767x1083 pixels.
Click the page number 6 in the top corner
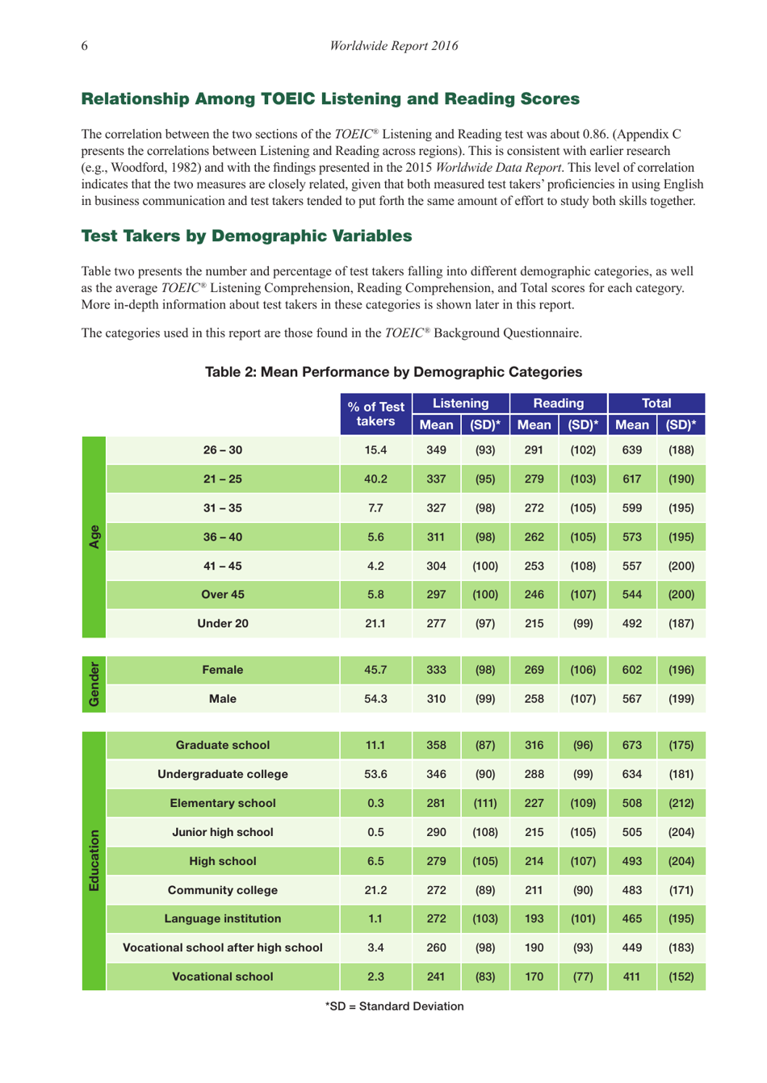click(x=85, y=46)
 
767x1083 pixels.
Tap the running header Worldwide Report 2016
click(x=393, y=46)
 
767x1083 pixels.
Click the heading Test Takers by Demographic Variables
click(x=246, y=236)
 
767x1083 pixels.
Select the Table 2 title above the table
click(x=393, y=372)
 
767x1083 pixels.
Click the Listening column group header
click(x=460, y=404)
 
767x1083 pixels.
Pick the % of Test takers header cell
click(x=375, y=414)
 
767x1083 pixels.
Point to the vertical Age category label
click(x=94, y=537)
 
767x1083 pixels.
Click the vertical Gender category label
click(x=94, y=684)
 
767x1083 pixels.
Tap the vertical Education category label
click(x=94, y=860)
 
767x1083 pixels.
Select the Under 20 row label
click(x=223, y=624)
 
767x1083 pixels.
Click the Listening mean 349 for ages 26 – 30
click(x=436, y=450)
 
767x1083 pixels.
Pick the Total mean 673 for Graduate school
click(x=631, y=746)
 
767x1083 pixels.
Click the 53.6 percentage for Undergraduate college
click(x=375, y=775)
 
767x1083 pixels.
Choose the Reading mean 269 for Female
click(x=534, y=670)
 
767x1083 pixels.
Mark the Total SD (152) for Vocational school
click(x=681, y=977)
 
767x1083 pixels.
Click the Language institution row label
click(x=223, y=919)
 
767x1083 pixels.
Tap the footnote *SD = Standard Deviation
click(x=394, y=1006)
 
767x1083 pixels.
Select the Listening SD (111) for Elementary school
click(x=484, y=804)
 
